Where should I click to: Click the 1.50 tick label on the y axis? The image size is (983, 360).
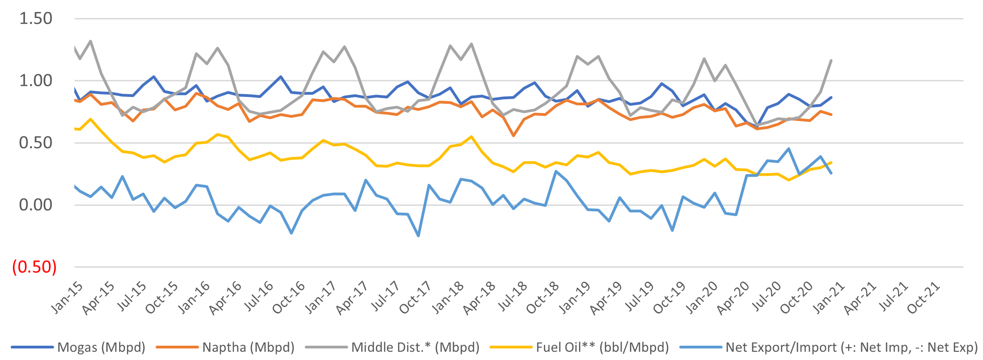coord(36,18)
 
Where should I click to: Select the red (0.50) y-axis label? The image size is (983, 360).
coord(35,267)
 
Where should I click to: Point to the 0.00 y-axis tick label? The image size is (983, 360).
coord(36,204)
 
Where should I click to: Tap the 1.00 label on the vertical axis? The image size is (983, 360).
coord(36,80)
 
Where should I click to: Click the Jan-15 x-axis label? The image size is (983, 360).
coord(67,298)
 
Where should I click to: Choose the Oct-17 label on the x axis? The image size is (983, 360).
coord(415,298)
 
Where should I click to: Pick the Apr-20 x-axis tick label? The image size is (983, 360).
coord(732,299)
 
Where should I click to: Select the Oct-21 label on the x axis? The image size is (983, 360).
coord(923,298)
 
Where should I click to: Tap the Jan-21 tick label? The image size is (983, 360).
coord(828,298)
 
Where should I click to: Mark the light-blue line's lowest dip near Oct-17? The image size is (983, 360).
coord(418,236)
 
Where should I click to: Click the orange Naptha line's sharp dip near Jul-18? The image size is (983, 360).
coord(513,136)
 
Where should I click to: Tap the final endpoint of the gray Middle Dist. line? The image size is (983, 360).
coord(831,60)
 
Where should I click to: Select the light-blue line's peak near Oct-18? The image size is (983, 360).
coord(556,171)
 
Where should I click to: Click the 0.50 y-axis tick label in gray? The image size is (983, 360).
coord(36,143)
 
